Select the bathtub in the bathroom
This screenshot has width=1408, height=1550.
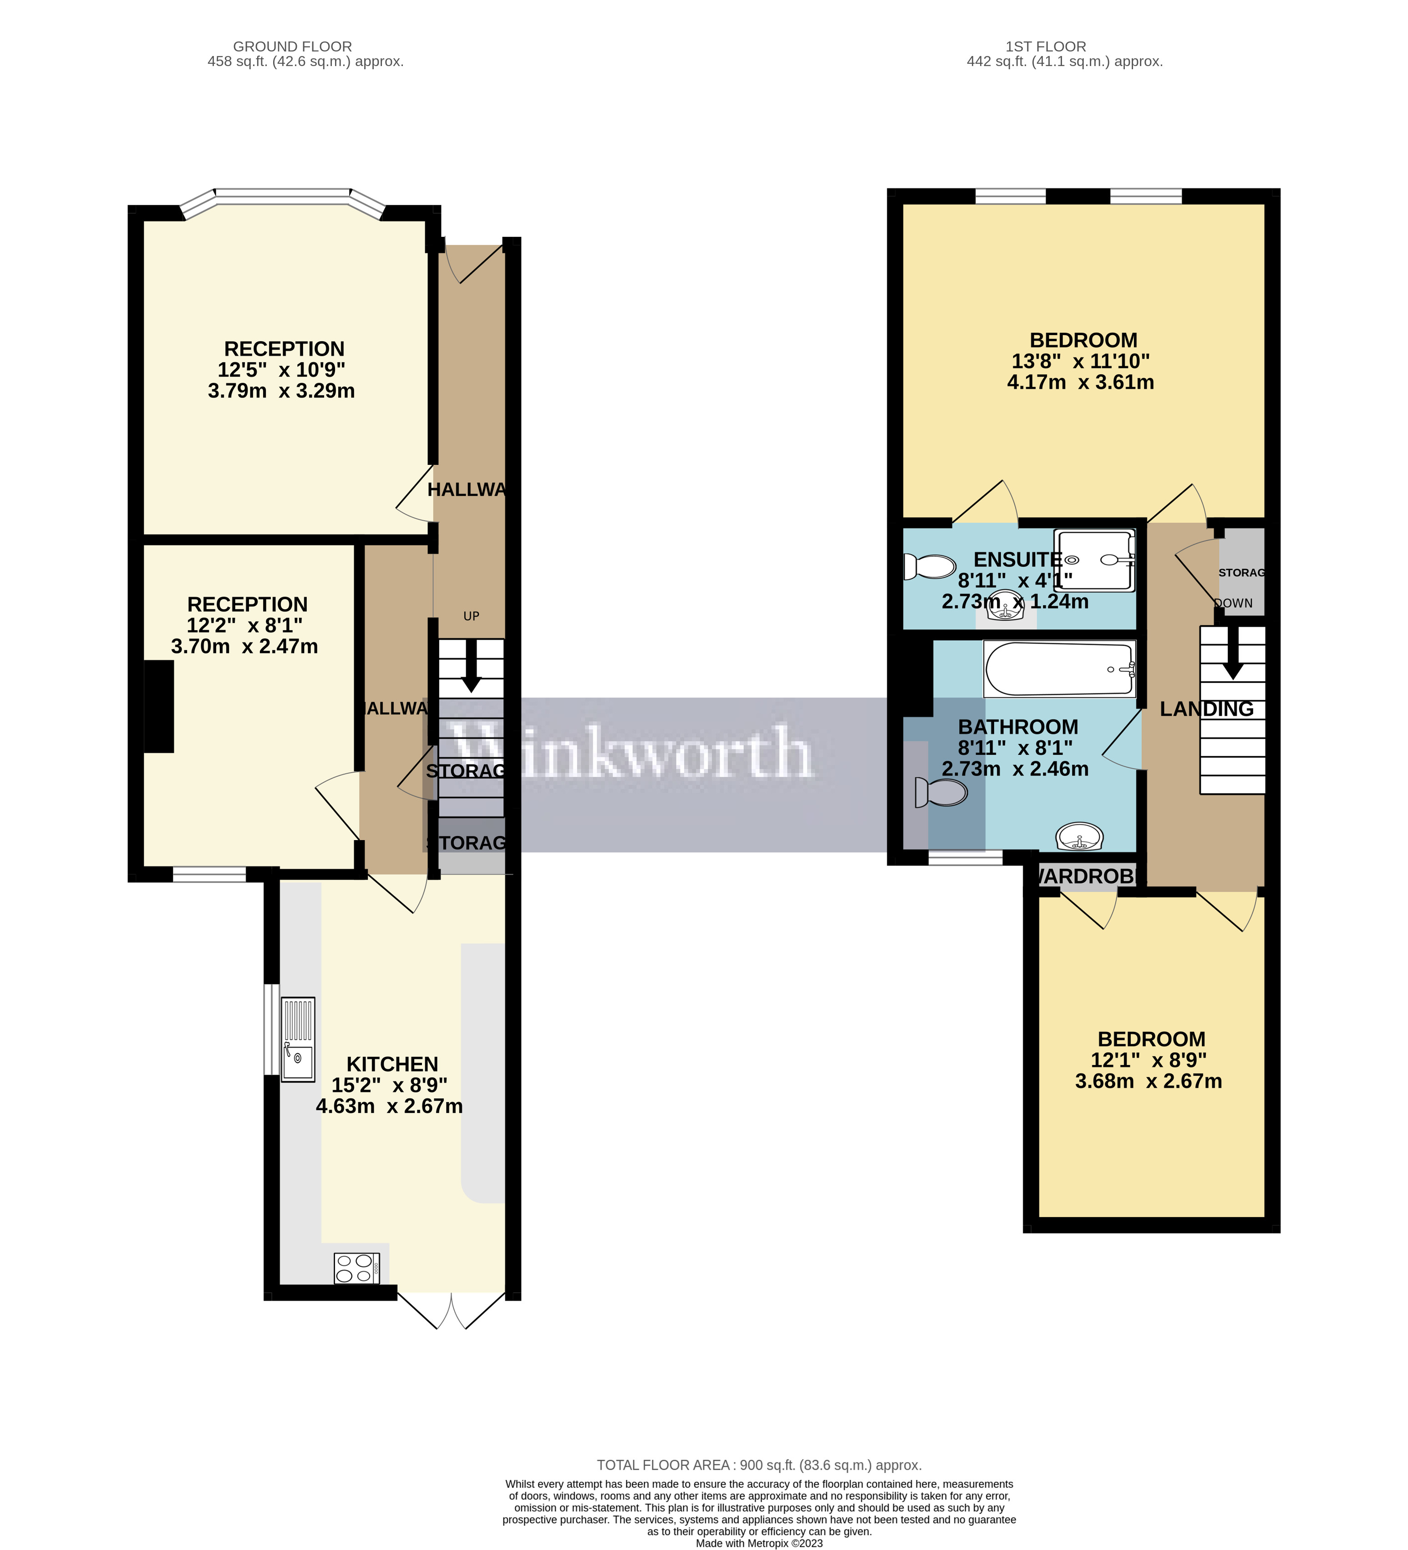pos(1059,669)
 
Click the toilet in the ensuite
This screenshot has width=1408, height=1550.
pos(928,566)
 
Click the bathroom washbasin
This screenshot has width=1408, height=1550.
pos(1079,836)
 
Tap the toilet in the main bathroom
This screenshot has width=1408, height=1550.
pos(942,792)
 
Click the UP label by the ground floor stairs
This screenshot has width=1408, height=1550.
pos(471,616)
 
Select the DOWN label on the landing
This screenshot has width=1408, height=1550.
pos(1234,603)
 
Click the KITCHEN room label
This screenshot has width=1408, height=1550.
pos(392,1064)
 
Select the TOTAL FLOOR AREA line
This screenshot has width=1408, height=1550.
pos(758,1465)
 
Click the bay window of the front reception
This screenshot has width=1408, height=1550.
pos(283,196)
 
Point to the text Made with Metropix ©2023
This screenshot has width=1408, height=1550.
pos(758,1543)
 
